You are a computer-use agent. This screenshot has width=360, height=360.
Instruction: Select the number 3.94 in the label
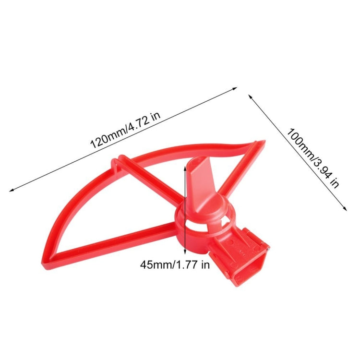(325, 171)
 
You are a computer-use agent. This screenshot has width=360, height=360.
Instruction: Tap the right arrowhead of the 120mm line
(236, 88)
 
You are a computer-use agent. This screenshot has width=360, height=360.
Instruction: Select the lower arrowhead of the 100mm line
(345, 208)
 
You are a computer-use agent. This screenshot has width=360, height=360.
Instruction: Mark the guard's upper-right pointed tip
(262, 143)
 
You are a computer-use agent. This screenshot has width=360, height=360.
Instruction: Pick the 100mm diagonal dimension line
(298, 151)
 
